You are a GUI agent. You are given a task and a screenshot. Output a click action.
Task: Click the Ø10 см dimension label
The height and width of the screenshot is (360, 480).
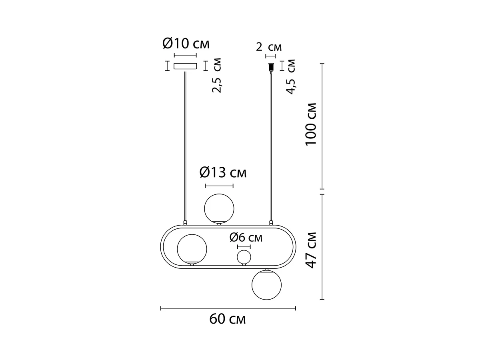(x=186, y=44)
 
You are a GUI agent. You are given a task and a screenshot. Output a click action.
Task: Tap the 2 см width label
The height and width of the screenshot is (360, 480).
(x=269, y=47)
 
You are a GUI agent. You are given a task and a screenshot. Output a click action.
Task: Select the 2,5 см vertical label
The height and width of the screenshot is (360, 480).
(x=217, y=75)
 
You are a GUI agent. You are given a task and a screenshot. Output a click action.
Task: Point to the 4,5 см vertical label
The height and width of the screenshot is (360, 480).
(x=291, y=77)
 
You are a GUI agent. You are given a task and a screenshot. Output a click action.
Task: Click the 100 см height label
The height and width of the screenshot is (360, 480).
(x=311, y=124)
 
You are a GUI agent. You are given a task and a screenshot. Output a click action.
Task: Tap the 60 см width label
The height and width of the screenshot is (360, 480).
(x=228, y=319)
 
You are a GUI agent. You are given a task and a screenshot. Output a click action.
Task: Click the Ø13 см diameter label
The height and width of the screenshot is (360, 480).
(x=223, y=173)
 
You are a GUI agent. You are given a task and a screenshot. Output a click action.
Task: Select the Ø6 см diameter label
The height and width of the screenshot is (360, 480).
(x=246, y=237)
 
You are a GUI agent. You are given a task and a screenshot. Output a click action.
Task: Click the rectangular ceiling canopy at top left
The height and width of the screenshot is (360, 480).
(x=185, y=66)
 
